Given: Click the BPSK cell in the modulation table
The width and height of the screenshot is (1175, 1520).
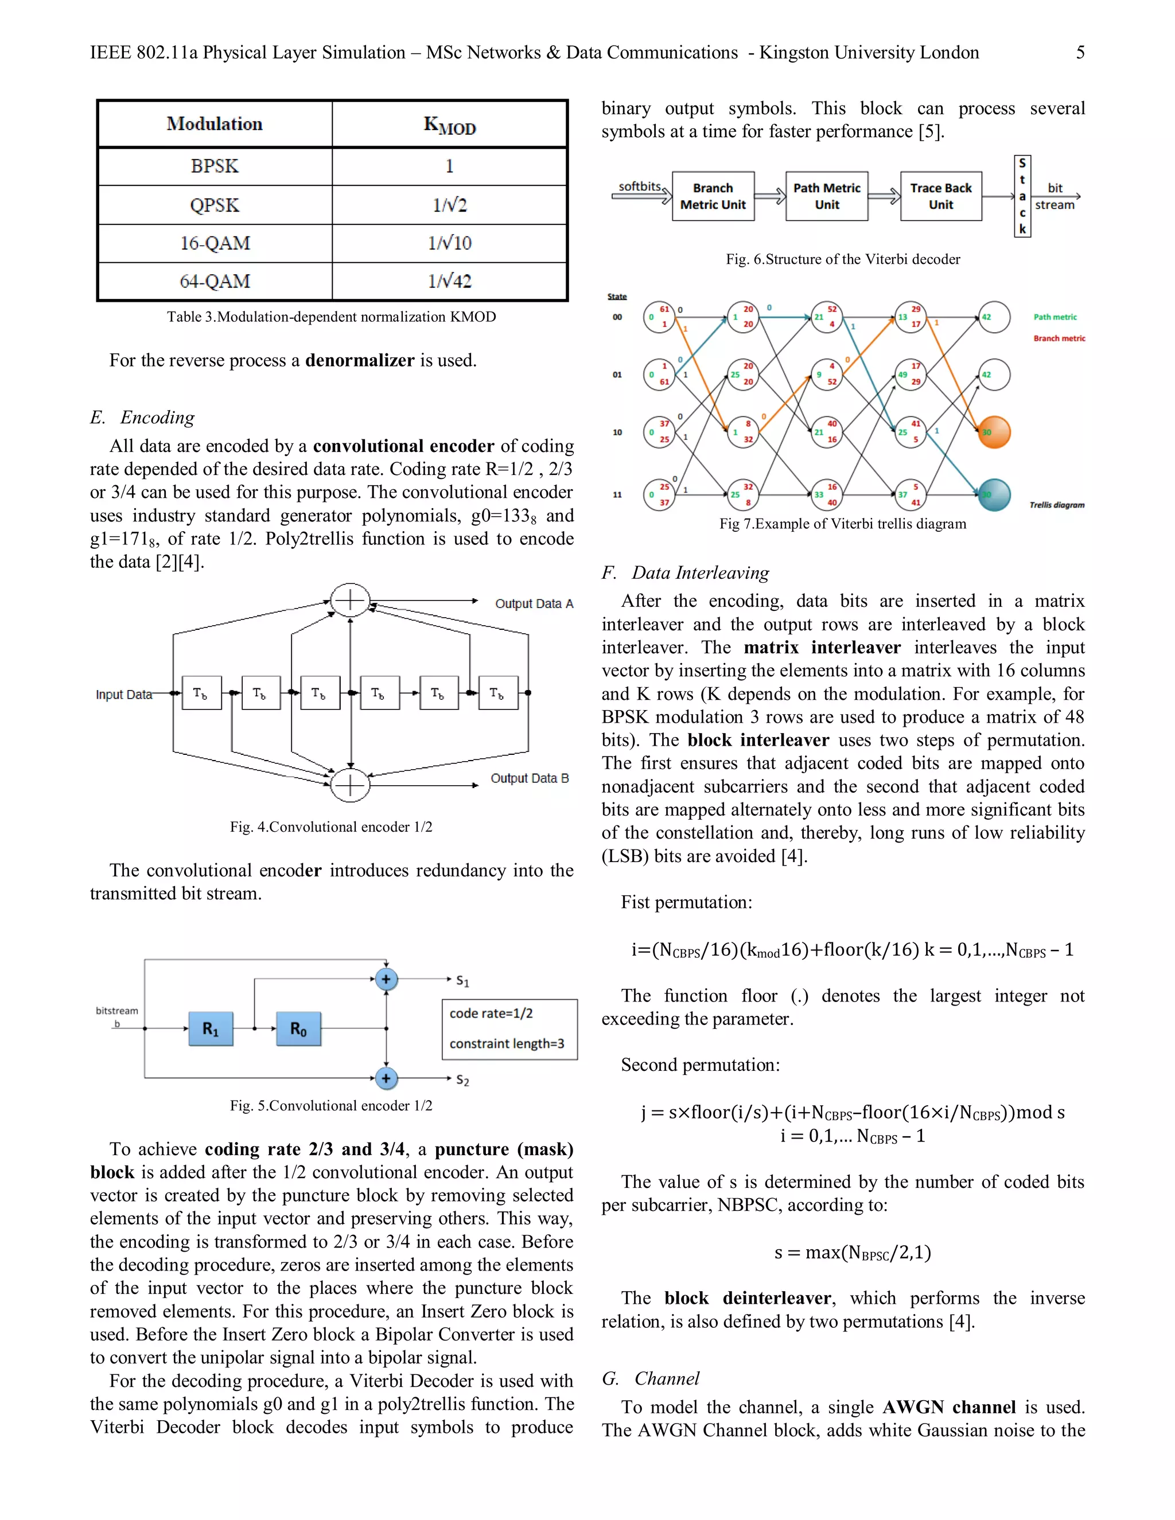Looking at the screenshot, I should tap(215, 166).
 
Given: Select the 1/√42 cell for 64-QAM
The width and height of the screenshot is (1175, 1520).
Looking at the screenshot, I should tap(449, 281).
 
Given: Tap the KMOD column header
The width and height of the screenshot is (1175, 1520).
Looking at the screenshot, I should tap(449, 124).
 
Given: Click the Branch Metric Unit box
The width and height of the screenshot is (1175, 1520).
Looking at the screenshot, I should tap(713, 196).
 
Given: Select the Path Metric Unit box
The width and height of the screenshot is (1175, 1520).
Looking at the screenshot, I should tap(826, 196).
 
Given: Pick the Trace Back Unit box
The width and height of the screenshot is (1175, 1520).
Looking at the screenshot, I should tap(940, 196).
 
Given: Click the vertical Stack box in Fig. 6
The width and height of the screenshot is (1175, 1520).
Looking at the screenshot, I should tap(1022, 196).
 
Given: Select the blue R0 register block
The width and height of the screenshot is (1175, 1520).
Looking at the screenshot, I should tap(298, 1028).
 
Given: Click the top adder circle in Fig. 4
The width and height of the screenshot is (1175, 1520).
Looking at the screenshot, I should tap(349, 600).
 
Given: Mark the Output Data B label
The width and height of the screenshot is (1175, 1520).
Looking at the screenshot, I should tap(529, 778).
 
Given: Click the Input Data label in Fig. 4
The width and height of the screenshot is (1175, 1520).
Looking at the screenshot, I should tap(123, 695).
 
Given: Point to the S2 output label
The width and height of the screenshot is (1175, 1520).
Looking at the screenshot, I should tap(462, 1080).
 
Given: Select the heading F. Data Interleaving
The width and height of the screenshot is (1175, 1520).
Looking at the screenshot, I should tap(685, 573).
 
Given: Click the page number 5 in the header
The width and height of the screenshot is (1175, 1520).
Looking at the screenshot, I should tap(1080, 53).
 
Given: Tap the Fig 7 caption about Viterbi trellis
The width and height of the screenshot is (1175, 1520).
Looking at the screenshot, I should tap(842, 524).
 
